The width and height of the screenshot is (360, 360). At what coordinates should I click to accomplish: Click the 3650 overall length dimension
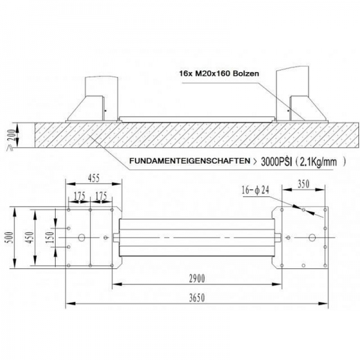coord(197,298)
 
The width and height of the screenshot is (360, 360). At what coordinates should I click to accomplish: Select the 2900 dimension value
coord(197,278)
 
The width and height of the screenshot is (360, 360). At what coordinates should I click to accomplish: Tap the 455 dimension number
coord(94,178)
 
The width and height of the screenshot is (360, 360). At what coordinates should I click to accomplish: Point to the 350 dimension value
coord(304,184)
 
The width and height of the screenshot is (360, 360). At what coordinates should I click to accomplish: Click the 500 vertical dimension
coord(9,237)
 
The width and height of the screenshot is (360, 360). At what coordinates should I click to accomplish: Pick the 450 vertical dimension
coord(30,237)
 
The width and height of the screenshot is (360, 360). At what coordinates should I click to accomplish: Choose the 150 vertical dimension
coord(50,237)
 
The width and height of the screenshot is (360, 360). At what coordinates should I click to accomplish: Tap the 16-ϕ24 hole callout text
coord(255,190)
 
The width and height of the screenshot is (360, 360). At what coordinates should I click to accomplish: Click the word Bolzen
coord(246,73)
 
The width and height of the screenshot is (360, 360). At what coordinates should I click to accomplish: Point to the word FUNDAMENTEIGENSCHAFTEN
coord(190,161)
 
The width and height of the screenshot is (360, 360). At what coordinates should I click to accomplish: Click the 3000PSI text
coord(277,162)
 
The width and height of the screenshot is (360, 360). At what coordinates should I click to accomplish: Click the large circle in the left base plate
coord(82,238)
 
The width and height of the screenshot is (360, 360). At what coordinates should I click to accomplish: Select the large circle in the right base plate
coord(312,238)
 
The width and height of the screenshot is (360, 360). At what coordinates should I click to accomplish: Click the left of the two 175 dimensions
coord(79,196)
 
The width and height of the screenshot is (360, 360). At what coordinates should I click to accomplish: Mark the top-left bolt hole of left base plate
coord(68,210)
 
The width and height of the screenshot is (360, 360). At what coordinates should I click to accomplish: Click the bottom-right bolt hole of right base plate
coord(325,265)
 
